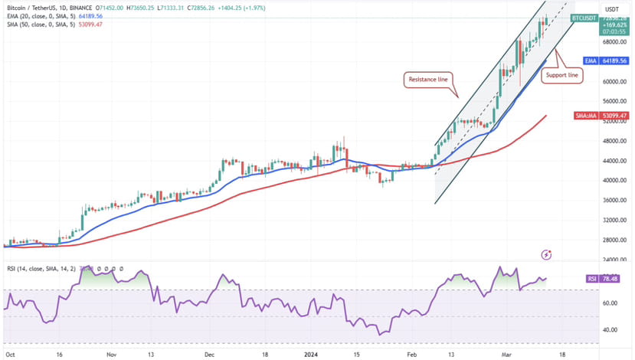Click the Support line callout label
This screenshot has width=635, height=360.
click(x=562, y=75)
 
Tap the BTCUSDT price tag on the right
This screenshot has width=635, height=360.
click(x=584, y=17)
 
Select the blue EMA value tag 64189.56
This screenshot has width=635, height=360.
click(x=611, y=60)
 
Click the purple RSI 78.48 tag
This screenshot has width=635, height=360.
click(x=611, y=280)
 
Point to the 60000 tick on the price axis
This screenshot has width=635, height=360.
click(x=610, y=81)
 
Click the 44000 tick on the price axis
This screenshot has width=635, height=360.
click(x=610, y=161)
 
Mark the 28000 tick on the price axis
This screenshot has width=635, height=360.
click(x=610, y=241)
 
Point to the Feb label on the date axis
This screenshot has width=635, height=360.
click(x=411, y=355)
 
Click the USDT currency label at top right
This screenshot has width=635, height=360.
click(x=613, y=8)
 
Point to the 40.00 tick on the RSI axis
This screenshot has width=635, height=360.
click(x=610, y=330)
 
